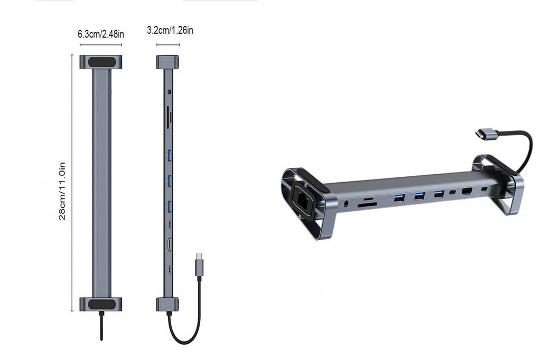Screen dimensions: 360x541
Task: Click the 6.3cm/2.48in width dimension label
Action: pos(101,34)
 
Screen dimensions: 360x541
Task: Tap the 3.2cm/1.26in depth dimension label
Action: pos(170,30)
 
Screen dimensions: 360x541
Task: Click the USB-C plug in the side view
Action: pos(199,263)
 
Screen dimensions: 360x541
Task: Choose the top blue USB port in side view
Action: pos(170,154)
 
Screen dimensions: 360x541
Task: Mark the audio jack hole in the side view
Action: pos(170,92)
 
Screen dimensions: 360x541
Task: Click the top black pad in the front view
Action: pos(101,62)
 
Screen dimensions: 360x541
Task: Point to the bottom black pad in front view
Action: pos(101,304)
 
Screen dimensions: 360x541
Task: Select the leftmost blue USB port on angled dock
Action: pos(399,199)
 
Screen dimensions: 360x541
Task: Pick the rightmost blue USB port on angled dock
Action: pos(439,194)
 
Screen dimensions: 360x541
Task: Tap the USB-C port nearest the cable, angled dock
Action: pos(484,188)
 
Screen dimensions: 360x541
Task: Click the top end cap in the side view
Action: pos(167,62)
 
